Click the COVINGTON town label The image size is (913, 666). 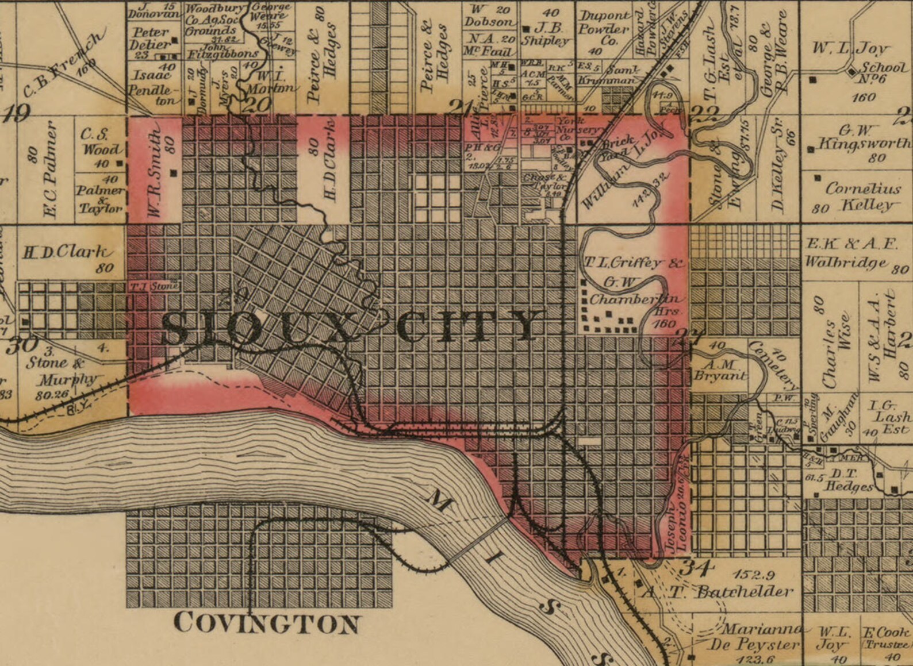pyautogui.click(x=267, y=623)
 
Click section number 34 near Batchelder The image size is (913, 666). pyautogui.click(x=696, y=568)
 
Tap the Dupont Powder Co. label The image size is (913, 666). pyautogui.click(x=603, y=29)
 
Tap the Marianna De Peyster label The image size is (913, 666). pyautogui.click(x=753, y=637)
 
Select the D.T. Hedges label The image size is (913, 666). pyautogui.click(x=849, y=480)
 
